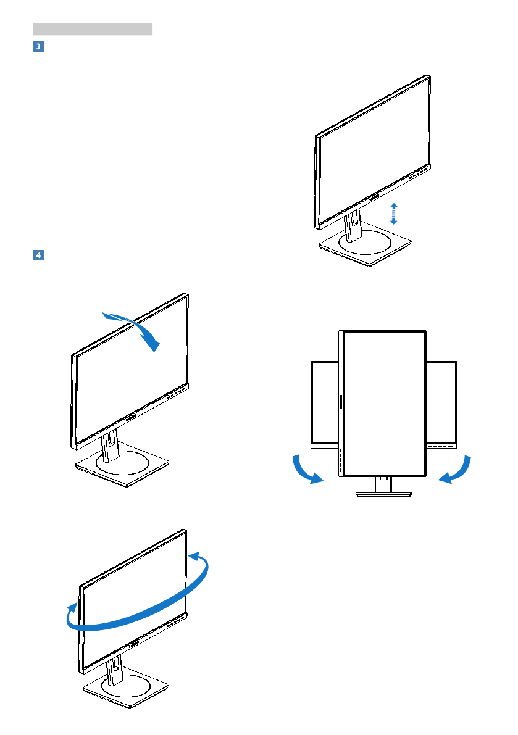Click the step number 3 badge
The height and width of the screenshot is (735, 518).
coord(38,47)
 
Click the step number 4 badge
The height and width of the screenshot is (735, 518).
coord(38,254)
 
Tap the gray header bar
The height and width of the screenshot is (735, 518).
coord(93,29)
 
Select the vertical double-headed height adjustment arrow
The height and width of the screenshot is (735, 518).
coord(394,213)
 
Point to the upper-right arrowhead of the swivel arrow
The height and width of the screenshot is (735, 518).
coord(199,559)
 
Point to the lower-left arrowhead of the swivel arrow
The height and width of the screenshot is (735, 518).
coord(72,612)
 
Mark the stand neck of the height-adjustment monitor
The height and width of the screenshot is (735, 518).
coord(353,225)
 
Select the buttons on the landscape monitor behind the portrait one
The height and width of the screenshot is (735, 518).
coord(442,446)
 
